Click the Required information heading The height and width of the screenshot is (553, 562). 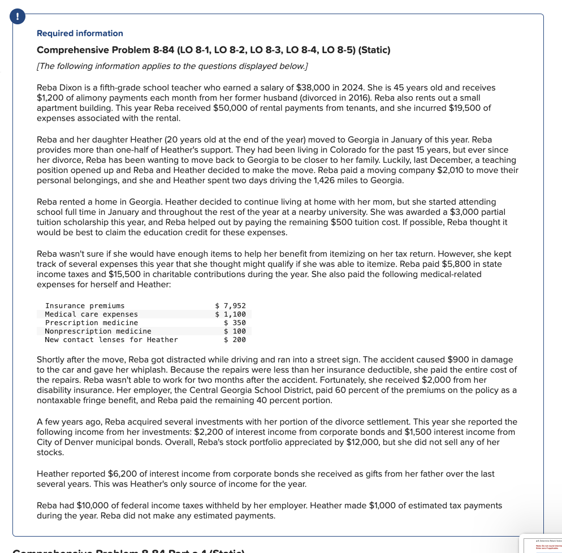[x=80, y=33]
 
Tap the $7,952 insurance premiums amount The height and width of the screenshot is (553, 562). [x=231, y=306]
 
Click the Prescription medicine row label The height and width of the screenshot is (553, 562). [x=91, y=323]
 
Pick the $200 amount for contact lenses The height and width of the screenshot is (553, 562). [x=235, y=340]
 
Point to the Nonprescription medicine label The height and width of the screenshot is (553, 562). [x=98, y=331]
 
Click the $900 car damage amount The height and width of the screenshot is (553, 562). [x=458, y=360]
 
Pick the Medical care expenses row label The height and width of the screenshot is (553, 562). [x=91, y=314]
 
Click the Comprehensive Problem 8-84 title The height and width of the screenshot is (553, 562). [x=213, y=50]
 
